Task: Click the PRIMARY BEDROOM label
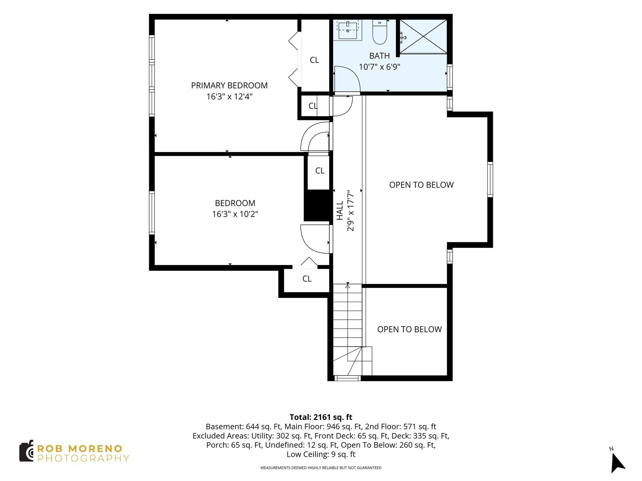(229, 85)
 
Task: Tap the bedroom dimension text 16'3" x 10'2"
(235, 214)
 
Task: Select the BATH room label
(380, 56)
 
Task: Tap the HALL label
(340, 210)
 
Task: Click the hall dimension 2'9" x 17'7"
(350, 210)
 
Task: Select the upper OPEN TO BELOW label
(421, 185)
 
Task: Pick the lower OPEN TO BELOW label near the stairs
(409, 329)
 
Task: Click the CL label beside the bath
(314, 60)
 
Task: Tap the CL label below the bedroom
(307, 278)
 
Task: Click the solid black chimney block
(318, 205)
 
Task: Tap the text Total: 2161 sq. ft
(321, 417)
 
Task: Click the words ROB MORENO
(80, 448)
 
